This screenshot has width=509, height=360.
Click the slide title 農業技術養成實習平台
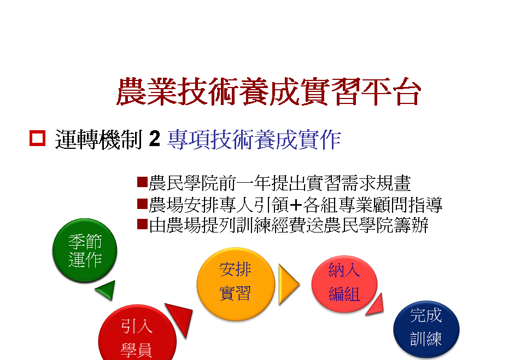[269, 91]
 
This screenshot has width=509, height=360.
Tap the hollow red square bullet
[37, 138]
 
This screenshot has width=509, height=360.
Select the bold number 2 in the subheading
[155, 138]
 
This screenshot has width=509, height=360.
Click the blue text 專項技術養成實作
[254, 140]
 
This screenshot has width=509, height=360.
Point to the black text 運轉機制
[98, 140]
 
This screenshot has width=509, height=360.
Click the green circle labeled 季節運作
[85, 250]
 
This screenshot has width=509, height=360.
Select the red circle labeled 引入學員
[137, 333]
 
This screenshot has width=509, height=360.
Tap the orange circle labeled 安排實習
[236, 284]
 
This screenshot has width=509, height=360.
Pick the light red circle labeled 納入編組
[344, 284]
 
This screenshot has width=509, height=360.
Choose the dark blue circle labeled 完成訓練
[426, 329]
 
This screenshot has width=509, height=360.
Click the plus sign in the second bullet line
[295, 205]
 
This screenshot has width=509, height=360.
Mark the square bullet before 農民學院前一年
[143, 182]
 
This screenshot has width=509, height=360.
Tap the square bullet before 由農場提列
[143, 224]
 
